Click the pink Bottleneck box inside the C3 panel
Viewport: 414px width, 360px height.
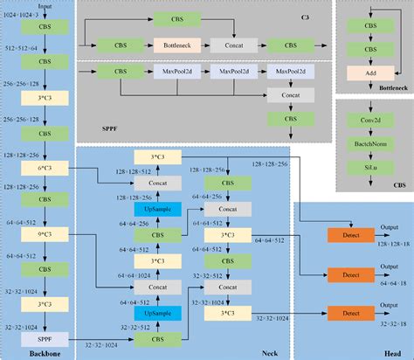[177, 43]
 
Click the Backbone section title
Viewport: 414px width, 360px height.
[33, 351]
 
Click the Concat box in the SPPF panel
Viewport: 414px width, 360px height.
[279, 94]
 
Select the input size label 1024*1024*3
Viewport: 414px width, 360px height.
[20, 15]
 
